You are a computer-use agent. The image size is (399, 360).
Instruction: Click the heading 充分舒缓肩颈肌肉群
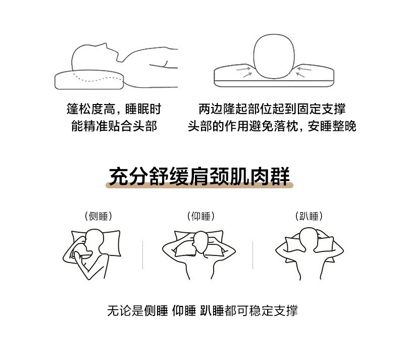coord(199,176)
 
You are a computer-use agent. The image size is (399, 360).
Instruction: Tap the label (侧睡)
coord(98,216)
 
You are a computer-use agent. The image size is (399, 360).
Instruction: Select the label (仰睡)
coord(201,216)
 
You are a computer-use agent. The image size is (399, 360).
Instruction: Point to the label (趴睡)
coord(309,216)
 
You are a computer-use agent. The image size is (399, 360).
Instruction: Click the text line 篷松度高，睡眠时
coord(114,109)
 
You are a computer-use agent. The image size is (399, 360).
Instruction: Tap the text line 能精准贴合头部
coord(114,126)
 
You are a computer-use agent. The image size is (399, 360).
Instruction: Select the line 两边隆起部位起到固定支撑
coord(272,109)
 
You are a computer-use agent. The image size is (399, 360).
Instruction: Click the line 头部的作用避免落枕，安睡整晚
coord(272,126)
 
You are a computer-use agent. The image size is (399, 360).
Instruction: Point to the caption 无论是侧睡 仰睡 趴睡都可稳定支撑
coord(203,311)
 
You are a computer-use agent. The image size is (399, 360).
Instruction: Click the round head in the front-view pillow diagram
coord(274,56)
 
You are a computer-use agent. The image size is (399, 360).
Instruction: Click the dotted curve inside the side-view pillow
coord(97,78)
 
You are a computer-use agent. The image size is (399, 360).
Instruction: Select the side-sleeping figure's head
coord(93,240)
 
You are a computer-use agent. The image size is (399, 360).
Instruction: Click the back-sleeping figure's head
coord(201,242)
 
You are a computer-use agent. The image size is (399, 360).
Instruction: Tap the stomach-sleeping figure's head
coord(309,237)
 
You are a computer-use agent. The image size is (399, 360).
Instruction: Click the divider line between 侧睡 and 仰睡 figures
coord(143,255)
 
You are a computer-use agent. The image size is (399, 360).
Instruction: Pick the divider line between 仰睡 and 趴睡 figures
coord(253,255)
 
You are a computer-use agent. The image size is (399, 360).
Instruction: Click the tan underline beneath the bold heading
coord(199,185)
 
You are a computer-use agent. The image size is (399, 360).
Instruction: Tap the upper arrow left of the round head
coord(243,69)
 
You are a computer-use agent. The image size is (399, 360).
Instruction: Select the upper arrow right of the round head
coord(304,69)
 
